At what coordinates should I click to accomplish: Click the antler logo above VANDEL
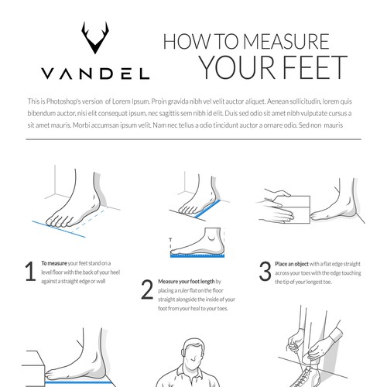click(x=95, y=38)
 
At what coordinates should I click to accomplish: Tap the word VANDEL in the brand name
click(x=95, y=74)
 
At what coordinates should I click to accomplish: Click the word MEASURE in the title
click(x=286, y=41)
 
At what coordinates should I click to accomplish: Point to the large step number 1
click(x=30, y=271)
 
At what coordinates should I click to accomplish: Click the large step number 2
click(x=147, y=289)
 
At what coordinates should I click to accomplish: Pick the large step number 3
click(x=265, y=271)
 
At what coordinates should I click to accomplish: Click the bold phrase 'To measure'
click(x=54, y=263)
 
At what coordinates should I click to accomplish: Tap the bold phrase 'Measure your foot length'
click(x=187, y=282)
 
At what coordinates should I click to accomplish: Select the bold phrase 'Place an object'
click(x=292, y=264)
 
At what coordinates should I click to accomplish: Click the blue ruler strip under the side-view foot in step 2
click(x=197, y=255)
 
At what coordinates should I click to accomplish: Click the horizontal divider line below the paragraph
click(x=193, y=139)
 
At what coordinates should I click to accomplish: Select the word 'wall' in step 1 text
click(x=101, y=281)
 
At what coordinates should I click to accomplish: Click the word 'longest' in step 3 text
click(x=314, y=283)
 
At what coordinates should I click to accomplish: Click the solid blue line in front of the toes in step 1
click(x=59, y=229)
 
